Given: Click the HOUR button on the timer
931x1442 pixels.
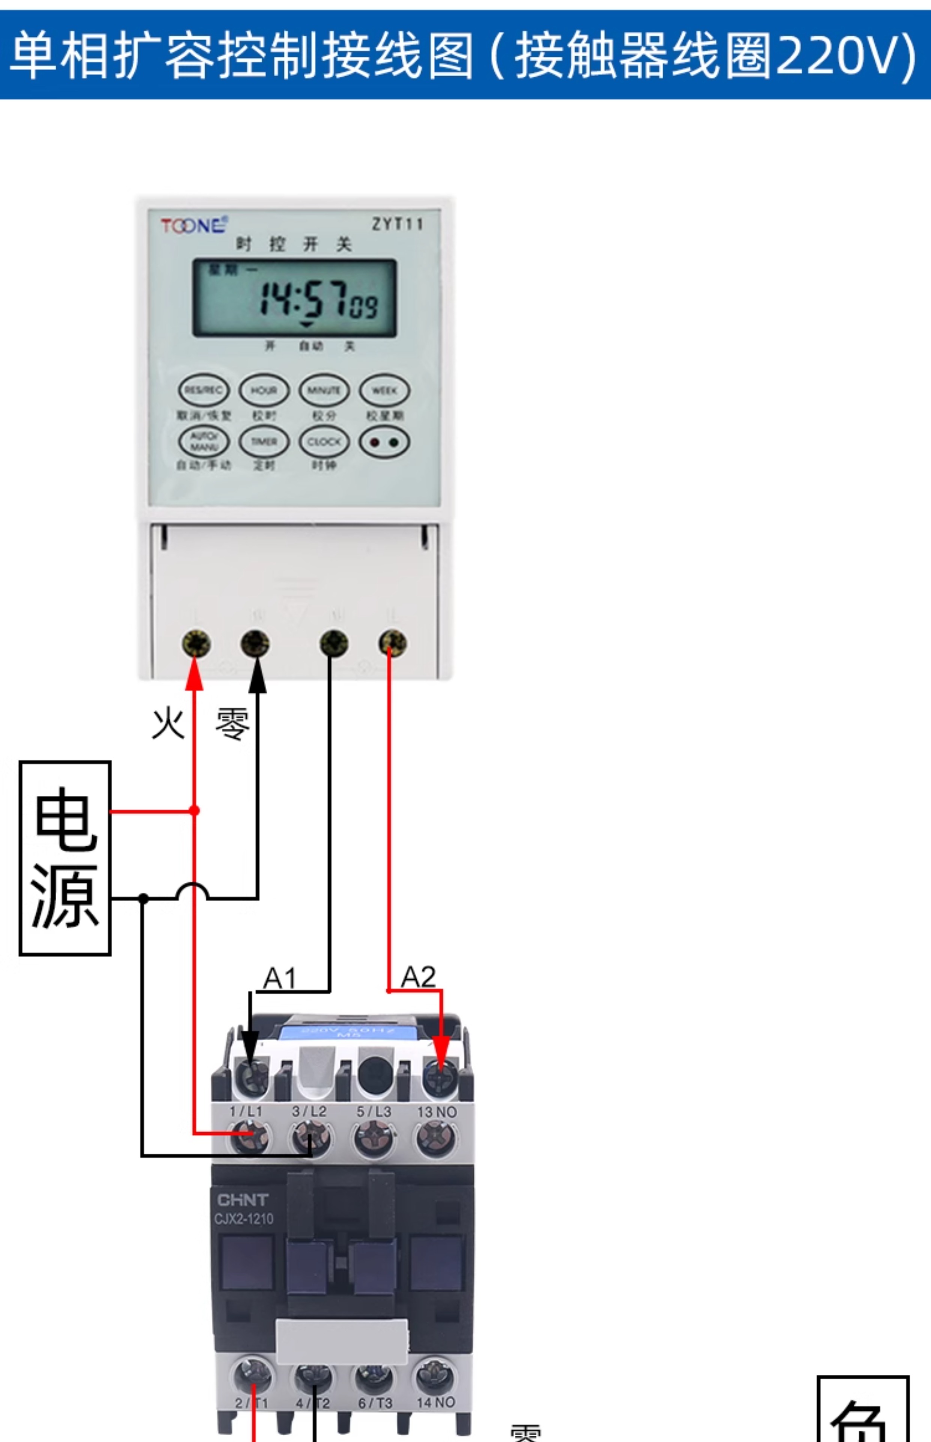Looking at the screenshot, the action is pos(264,391).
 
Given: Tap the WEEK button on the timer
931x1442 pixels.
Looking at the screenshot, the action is pos(384,391).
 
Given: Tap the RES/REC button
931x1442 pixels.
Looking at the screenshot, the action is pos(204,391).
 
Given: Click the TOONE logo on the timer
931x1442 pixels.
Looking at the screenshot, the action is pos(193,226).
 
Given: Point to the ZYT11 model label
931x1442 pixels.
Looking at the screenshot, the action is pos(397,224).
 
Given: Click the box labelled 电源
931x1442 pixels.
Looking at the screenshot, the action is pos(65,858).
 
